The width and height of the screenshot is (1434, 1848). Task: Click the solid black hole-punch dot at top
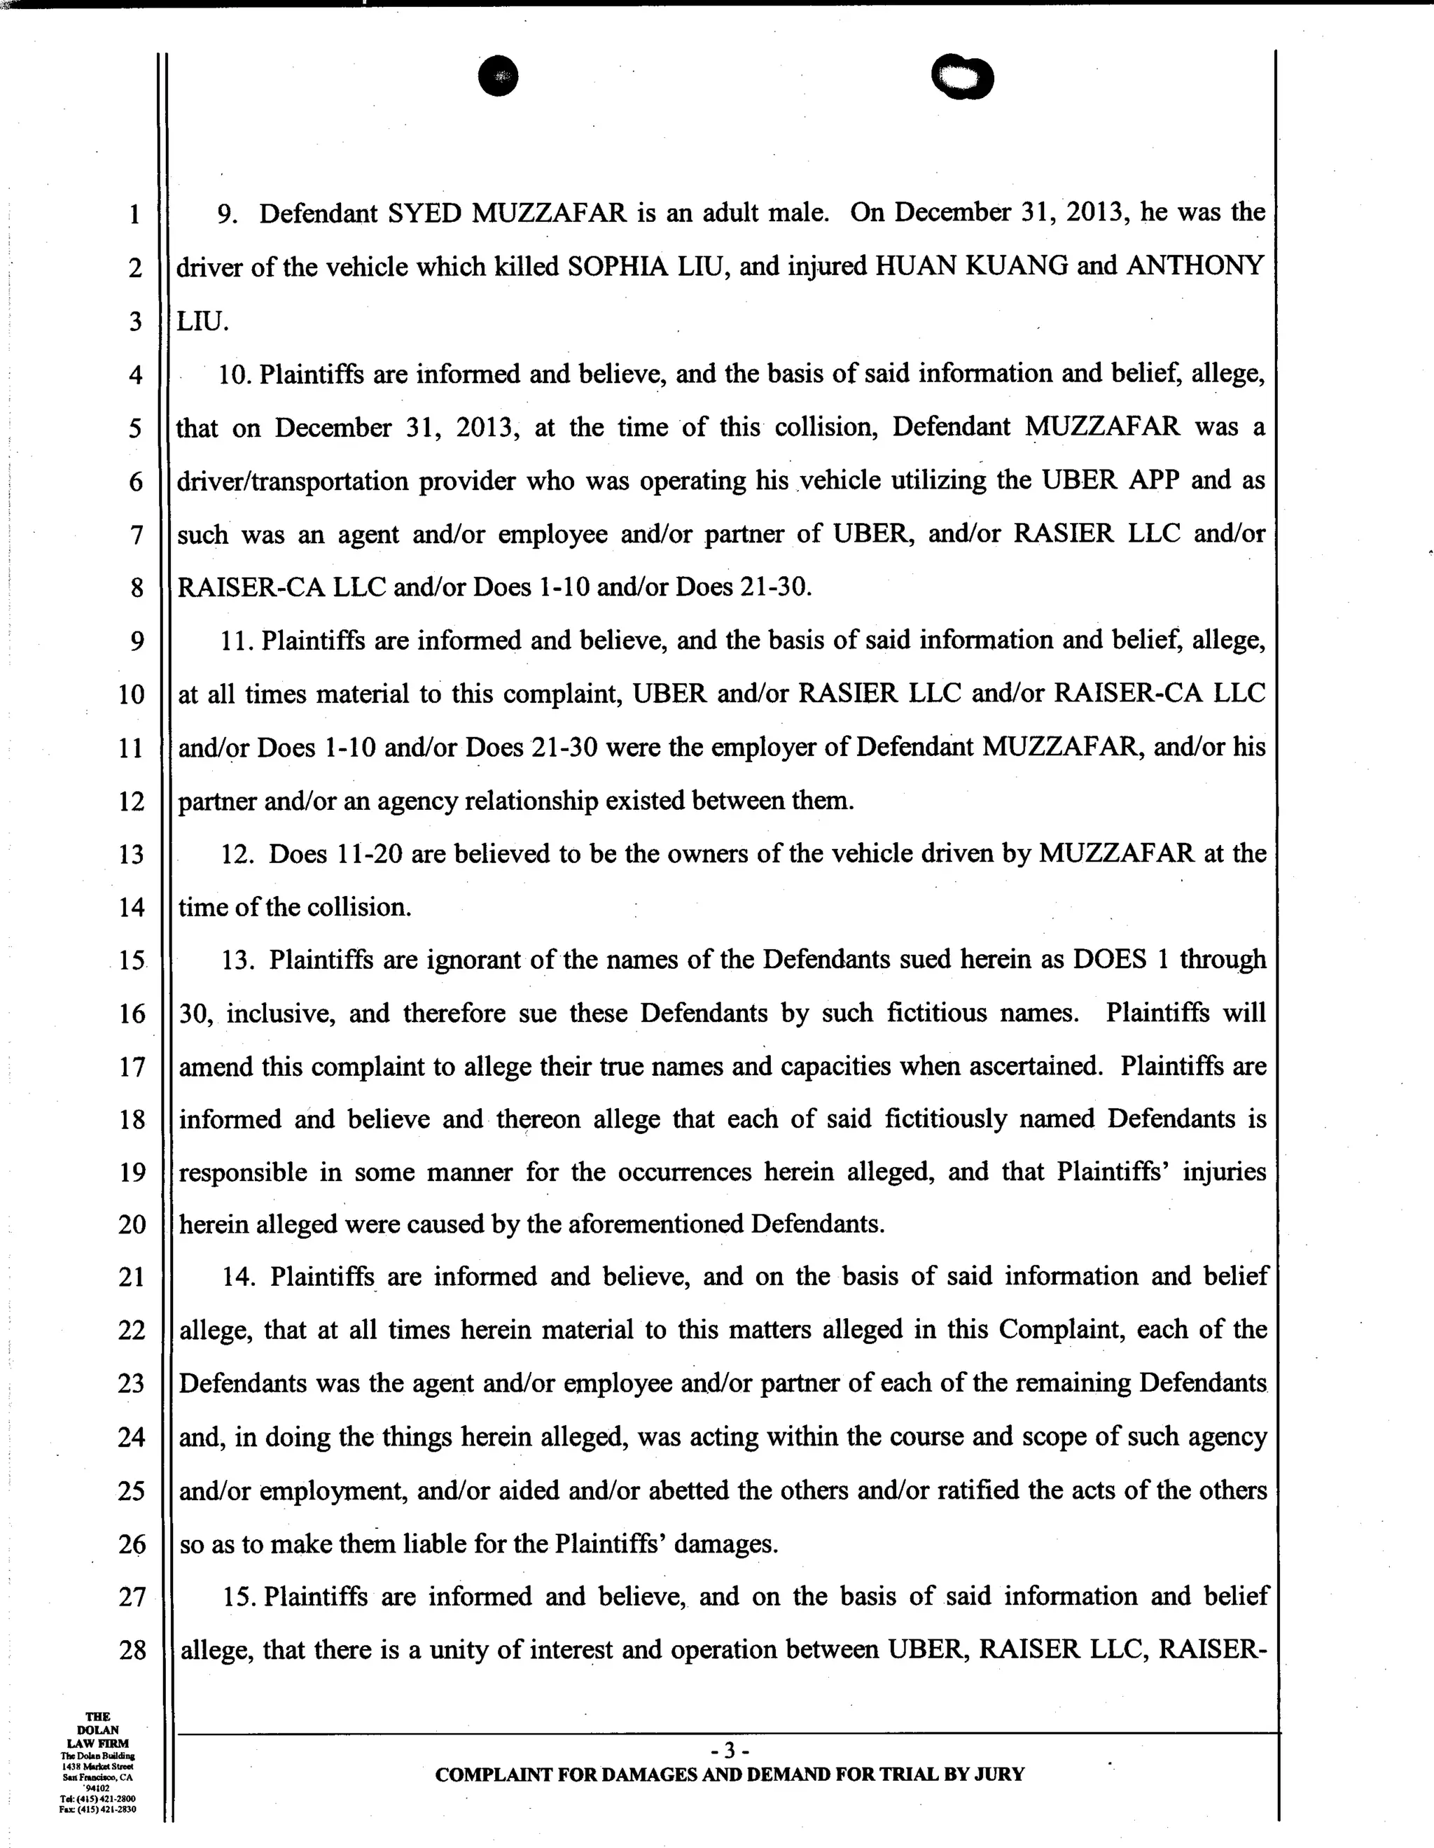(498, 76)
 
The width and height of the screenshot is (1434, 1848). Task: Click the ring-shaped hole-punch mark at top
(963, 78)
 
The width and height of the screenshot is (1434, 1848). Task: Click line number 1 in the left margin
(135, 214)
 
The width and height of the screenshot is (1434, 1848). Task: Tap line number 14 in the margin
(131, 908)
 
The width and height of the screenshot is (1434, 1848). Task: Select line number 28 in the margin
(132, 1650)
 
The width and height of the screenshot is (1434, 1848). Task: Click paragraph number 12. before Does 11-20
(238, 855)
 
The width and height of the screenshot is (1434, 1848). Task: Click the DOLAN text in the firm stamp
(98, 1730)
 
